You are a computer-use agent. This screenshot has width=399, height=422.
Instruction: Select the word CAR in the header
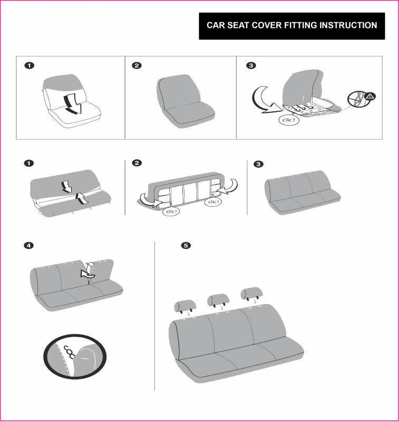(x=215, y=25)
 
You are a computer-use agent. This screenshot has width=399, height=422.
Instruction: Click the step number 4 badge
(x=29, y=246)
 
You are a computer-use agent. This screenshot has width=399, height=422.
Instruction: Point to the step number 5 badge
(x=185, y=246)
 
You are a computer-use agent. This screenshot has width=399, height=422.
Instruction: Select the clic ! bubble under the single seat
(x=288, y=120)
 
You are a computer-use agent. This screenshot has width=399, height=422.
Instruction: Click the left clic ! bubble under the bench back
(x=172, y=211)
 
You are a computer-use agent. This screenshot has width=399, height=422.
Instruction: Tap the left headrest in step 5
(x=185, y=305)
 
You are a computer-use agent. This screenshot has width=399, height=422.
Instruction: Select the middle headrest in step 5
(x=218, y=300)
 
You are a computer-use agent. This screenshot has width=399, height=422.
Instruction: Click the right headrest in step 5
(x=252, y=293)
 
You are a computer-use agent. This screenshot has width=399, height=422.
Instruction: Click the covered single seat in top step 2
(x=182, y=100)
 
